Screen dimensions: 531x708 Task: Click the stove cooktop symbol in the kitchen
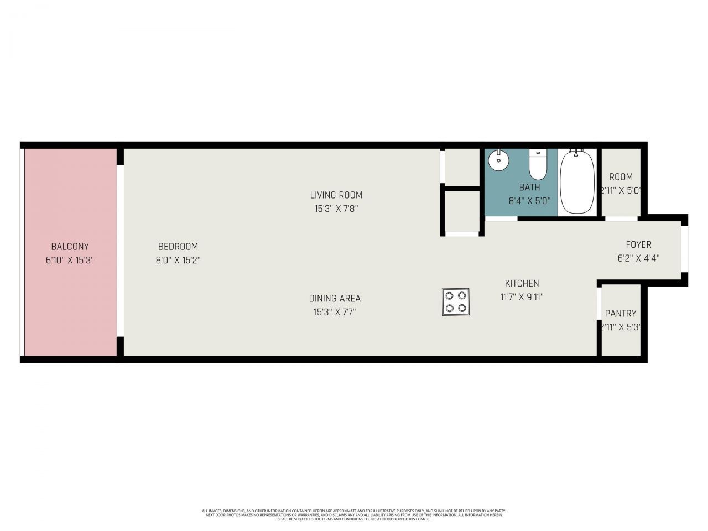point(456,302)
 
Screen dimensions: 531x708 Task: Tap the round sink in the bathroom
point(498,162)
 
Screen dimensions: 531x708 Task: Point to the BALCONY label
point(70,247)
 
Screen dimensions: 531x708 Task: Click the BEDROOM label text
point(178,247)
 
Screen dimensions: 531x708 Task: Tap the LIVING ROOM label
point(336,195)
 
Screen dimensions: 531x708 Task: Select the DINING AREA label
point(335,299)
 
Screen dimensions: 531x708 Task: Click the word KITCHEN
point(522,283)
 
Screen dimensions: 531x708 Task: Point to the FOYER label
point(638,244)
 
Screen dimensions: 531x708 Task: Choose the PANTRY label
point(621,313)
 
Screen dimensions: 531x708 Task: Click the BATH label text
point(529,188)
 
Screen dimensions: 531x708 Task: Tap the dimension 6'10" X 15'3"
point(70,260)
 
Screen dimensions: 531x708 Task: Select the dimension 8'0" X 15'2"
point(178,260)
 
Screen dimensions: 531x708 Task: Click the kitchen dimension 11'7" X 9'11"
point(522,297)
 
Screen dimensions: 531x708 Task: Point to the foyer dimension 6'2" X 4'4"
point(638,258)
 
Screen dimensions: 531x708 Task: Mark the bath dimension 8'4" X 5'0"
point(529,201)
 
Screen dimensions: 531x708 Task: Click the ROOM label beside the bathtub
point(621,177)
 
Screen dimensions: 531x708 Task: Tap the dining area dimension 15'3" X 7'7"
point(335,312)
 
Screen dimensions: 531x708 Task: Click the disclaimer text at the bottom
point(354,515)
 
